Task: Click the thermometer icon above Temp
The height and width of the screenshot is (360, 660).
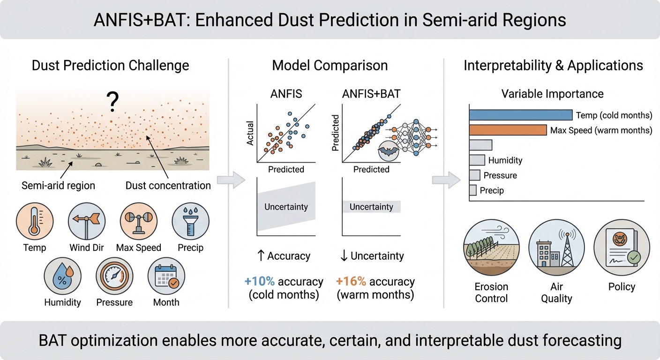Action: click(35, 221)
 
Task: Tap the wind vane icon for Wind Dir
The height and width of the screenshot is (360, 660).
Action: click(87, 221)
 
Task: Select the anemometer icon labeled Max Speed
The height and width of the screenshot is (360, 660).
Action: click(138, 221)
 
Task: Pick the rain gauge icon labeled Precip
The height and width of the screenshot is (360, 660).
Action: click(191, 221)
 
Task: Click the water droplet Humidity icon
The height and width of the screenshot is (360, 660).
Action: click(62, 277)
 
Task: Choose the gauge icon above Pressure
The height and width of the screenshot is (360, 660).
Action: click(114, 277)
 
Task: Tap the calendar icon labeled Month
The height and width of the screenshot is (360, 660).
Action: click(166, 277)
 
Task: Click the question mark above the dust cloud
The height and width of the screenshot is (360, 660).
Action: click(112, 102)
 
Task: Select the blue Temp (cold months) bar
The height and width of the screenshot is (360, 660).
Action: click(521, 115)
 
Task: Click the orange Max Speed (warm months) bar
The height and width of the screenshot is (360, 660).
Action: click(508, 130)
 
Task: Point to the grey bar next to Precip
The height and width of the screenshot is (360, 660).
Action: click(473, 190)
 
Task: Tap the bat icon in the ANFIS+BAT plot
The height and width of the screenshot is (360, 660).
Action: click(388, 151)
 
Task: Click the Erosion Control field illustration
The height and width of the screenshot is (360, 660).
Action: click(491, 247)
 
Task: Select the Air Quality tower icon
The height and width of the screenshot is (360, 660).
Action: click(556, 247)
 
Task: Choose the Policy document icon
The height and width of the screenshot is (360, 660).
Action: click(622, 247)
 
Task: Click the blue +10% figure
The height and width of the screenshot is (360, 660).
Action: click(260, 282)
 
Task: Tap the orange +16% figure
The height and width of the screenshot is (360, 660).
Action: click(351, 282)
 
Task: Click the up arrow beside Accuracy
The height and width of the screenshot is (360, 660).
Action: click(261, 256)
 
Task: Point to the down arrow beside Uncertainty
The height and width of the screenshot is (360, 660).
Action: click(344, 256)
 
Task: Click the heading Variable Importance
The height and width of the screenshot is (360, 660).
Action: click(553, 94)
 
